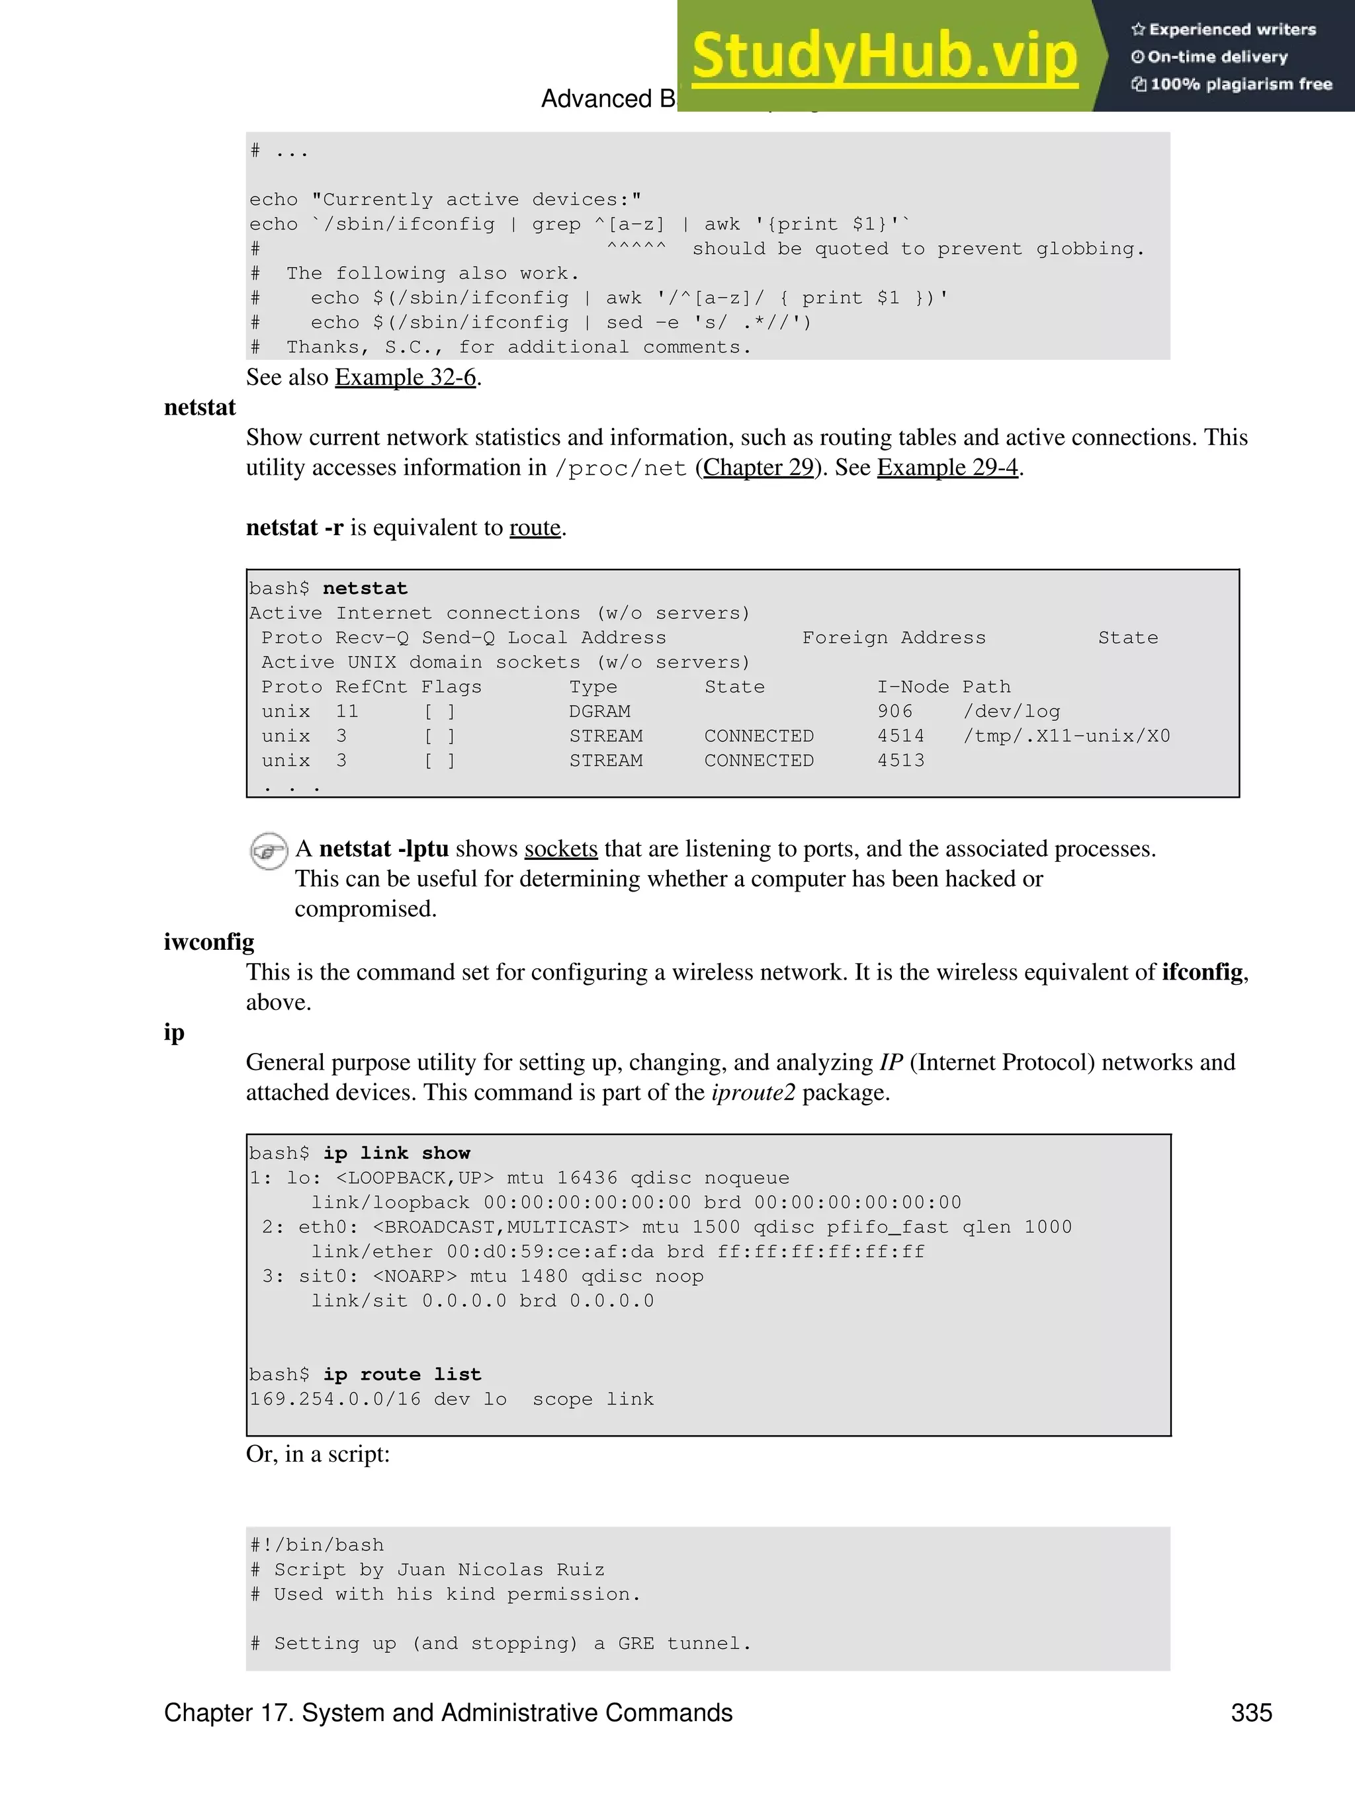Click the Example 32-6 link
point(405,378)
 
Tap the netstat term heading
point(200,407)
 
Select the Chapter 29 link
point(758,468)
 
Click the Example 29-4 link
point(947,468)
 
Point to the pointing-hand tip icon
point(268,851)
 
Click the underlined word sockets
point(561,849)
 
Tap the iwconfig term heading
point(208,943)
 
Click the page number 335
point(1252,1712)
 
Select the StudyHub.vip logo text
point(885,56)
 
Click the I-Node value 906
point(895,712)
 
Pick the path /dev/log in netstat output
point(1011,712)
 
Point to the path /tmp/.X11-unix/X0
point(1067,736)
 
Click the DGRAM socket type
point(599,712)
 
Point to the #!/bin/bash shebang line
point(316,1546)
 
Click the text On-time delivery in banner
point(1217,57)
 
